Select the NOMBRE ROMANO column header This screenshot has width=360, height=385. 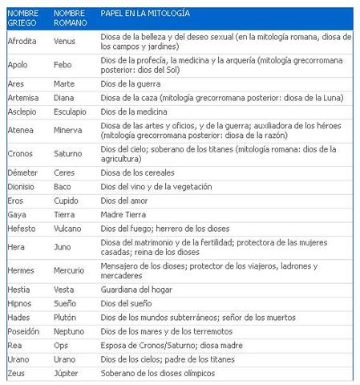click(x=70, y=18)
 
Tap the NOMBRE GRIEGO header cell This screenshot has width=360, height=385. click(x=22, y=18)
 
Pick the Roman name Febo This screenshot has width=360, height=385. click(x=63, y=64)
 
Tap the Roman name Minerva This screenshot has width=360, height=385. click(x=68, y=130)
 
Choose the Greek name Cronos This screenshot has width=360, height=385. click(x=20, y=153)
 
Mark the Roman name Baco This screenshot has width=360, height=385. click(x=63, y=186)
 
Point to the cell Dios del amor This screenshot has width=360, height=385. click(x=126, y=201)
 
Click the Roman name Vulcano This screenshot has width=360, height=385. click(x=68, y=229)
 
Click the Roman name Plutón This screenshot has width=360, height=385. click(x=66, y=318)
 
